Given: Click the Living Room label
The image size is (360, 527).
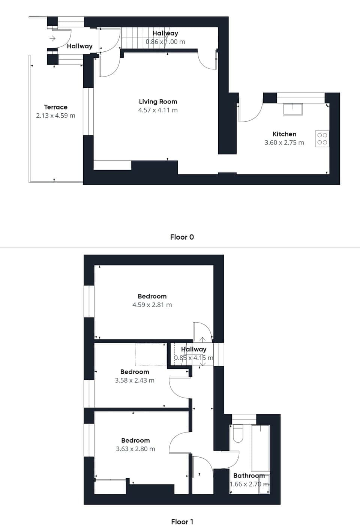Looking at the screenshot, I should point(158,102).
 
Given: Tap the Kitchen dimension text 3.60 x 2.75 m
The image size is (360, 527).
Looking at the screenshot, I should point(284,143).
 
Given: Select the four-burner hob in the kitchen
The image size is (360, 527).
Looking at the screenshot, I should point(322,139).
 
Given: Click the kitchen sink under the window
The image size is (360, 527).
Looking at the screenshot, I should point(292,108).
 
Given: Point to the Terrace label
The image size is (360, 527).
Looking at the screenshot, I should point(55,107).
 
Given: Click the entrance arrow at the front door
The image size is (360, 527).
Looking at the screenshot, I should point(52,38).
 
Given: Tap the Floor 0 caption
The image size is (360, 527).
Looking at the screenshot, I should point(182,237).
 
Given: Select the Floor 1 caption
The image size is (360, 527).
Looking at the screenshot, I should point(182,522).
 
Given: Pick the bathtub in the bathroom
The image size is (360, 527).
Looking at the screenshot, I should point(260,448).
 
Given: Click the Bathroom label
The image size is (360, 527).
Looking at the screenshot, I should point(249,476).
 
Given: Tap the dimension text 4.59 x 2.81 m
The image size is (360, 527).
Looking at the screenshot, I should point(152,305).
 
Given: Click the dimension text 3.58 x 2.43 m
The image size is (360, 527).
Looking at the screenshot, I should point(135,380).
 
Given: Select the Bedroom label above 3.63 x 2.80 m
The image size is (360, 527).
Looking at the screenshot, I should point(135,440).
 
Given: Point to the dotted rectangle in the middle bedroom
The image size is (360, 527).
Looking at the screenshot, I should point(150,354).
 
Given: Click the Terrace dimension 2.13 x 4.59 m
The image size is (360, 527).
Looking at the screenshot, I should point(55,116).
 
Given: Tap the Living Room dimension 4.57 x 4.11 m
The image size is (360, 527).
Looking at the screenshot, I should point(158,110).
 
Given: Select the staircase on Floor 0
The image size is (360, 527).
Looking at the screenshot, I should point(135,38).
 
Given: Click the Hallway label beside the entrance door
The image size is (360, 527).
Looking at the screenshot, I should point(79,46).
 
